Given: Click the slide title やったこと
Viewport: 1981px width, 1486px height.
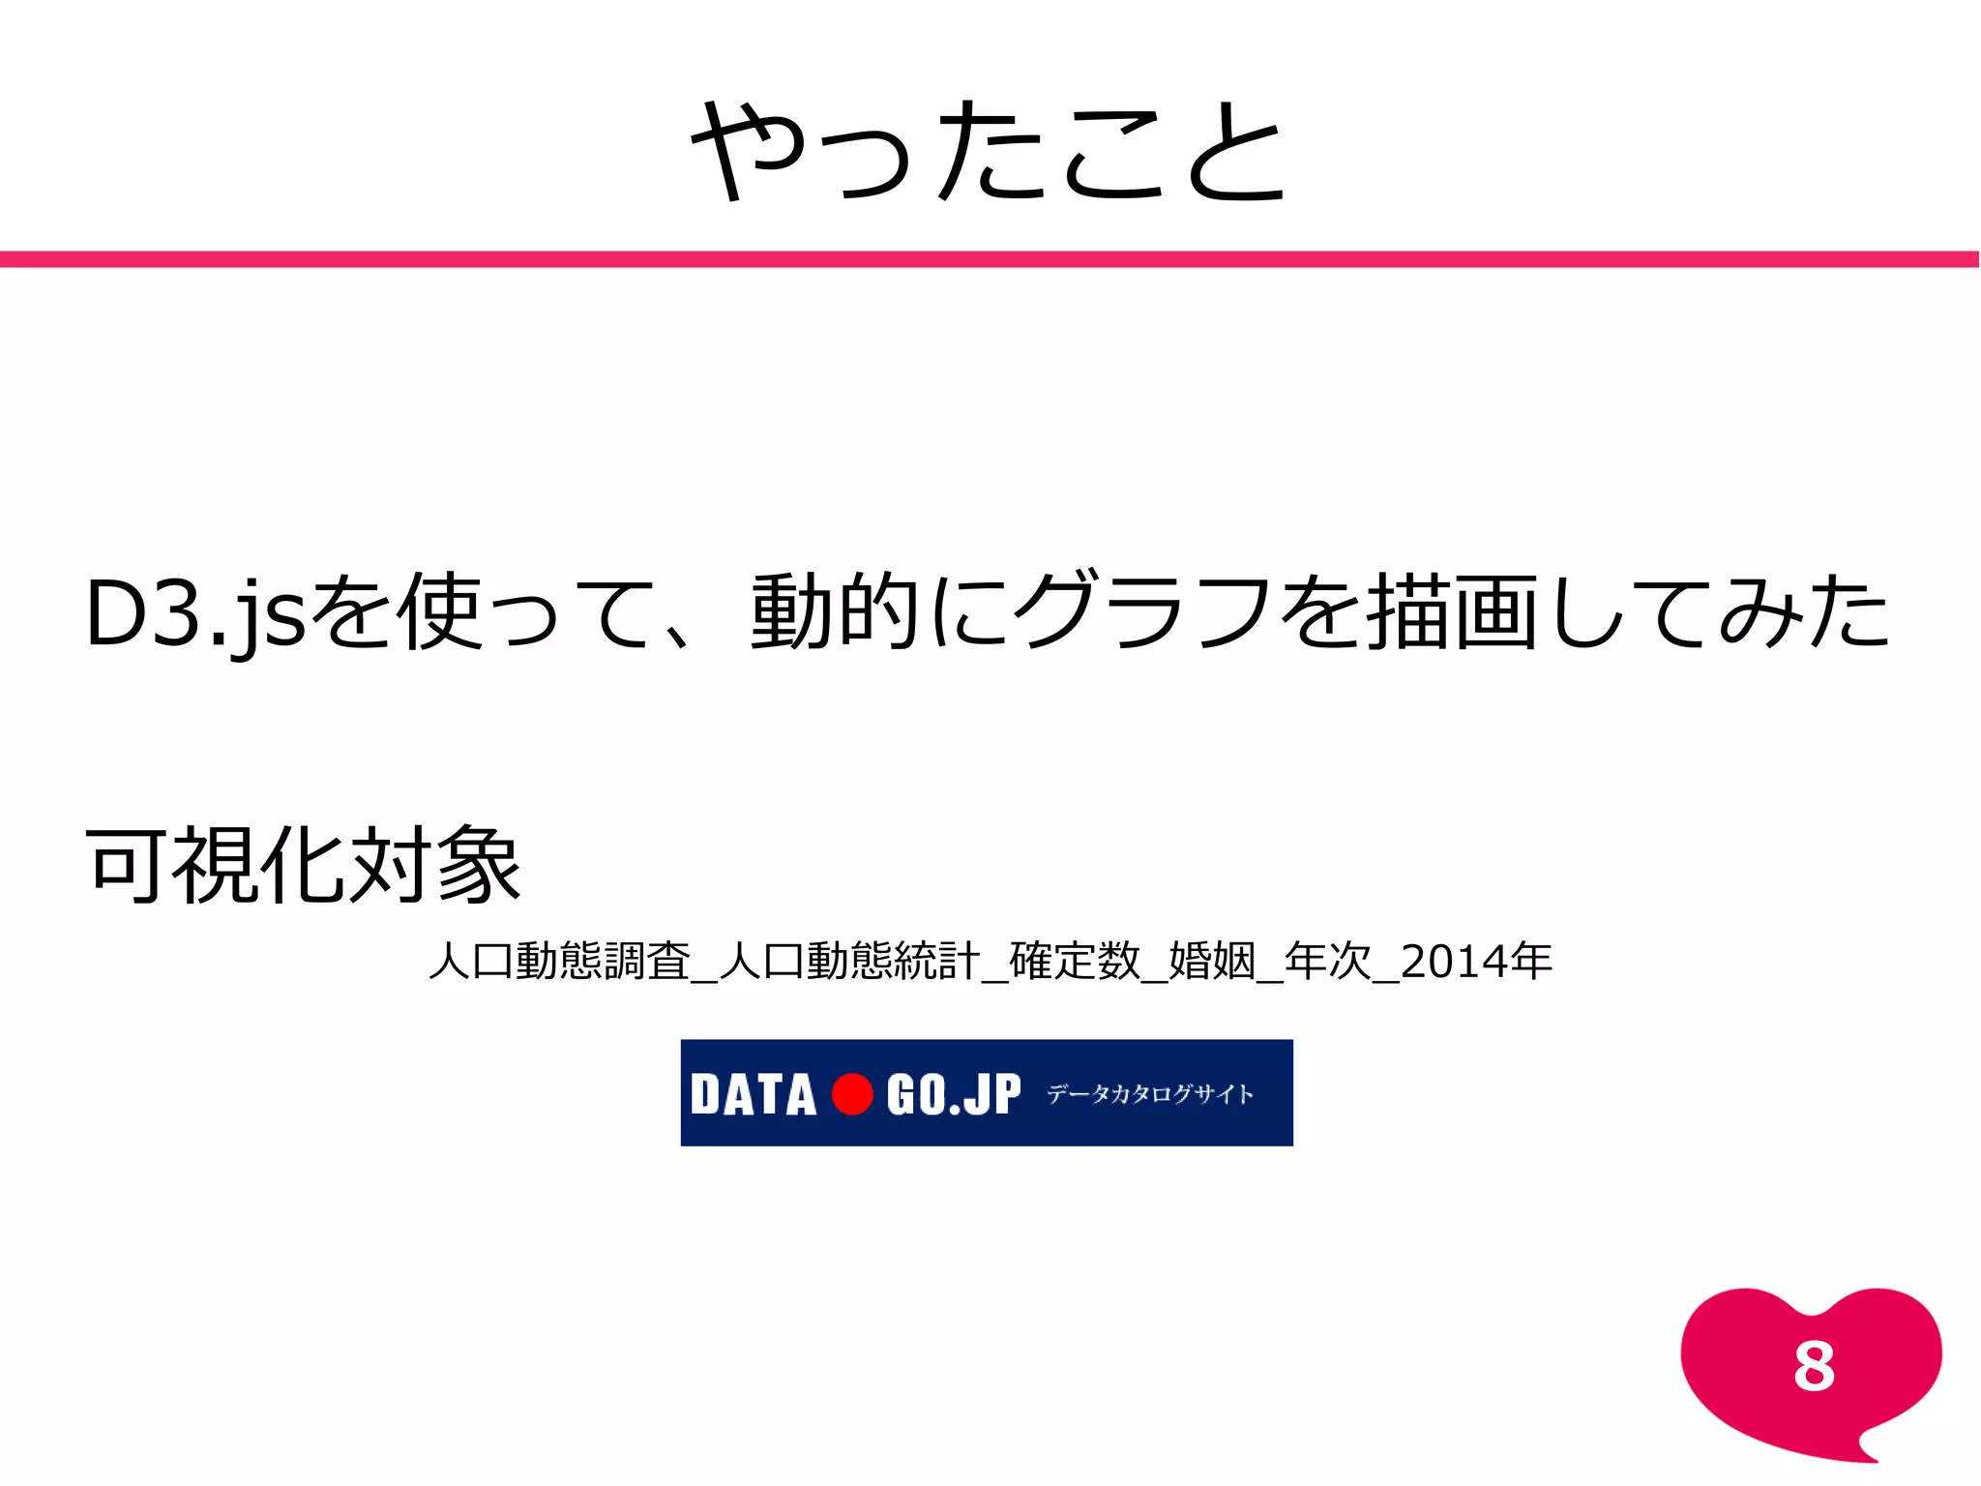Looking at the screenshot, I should (x=989, y=151).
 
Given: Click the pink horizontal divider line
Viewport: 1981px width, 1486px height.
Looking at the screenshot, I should (x=989, y=259).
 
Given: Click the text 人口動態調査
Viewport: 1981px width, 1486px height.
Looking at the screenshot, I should (x=559, y=962).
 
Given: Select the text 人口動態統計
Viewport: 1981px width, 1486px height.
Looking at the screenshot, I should (x=849, y=962).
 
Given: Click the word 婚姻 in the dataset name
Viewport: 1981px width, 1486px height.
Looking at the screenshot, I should (x=1212, y=962).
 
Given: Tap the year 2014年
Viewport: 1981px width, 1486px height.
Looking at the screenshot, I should (x=1476, y=962).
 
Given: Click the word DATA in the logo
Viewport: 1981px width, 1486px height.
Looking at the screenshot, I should (x=754, y=1095).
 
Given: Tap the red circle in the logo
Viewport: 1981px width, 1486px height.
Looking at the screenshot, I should (x=852, y=1094).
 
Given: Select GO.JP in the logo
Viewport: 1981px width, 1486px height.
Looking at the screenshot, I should (x=953, y=1095).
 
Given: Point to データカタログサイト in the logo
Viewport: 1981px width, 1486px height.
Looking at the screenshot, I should (x=1150, y=1094).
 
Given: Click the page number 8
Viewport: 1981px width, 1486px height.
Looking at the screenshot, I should (x=1814, y=1367).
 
